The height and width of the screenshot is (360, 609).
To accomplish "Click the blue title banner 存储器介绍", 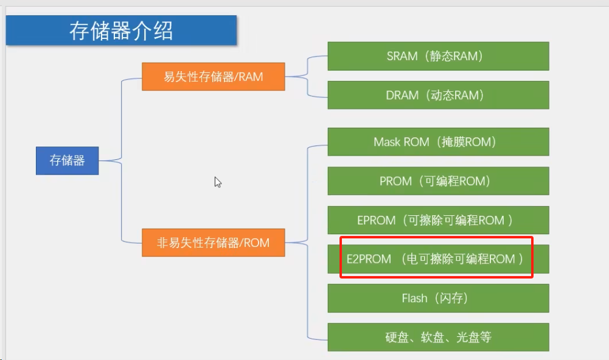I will pos(121,30).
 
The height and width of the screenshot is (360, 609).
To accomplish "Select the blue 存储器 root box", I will pos(67,161).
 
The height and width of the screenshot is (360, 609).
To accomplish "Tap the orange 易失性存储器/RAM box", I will pos(213,77).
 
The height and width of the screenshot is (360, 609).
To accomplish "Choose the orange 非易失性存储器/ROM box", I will pos(213,243).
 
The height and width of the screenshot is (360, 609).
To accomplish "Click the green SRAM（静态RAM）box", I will pos(438,57).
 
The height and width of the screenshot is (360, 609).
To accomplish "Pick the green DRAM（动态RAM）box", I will pos(438,95).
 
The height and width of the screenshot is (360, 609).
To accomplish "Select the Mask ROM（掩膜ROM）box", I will pos(438,142).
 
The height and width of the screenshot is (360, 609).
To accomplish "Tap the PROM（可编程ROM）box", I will pos(438,181).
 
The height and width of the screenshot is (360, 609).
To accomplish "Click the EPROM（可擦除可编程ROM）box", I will pos(438,220).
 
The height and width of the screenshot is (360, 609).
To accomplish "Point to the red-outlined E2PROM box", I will pos(436,257).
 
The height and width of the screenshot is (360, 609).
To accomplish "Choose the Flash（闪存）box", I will pos(438,298).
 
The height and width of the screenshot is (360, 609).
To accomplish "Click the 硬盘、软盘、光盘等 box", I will pos(438,337).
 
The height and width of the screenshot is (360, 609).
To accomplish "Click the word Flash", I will pos(414,298).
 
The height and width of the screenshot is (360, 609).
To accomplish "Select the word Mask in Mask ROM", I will pos(387,142).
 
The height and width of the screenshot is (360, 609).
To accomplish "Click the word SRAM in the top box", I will pos(402,57).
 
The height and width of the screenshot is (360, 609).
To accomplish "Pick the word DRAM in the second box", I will pos(402,95).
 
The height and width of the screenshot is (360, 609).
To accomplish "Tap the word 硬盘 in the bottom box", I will pos(397,337).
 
